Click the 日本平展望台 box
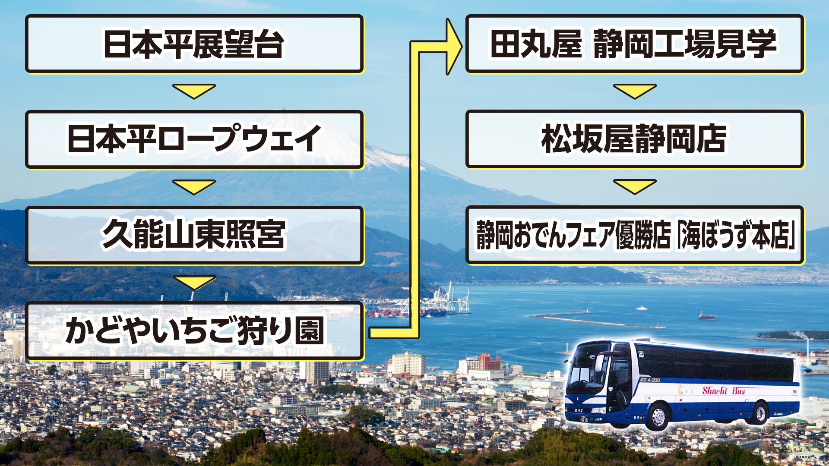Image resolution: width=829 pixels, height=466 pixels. click(x=194, y=44)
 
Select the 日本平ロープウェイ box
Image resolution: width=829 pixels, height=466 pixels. click(x=194, y=139)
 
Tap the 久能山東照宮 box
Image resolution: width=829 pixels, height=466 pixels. click(x=194, y=235)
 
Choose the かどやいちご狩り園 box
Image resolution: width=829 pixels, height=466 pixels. click(x=194, y=331)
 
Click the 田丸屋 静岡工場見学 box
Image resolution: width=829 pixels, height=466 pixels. click(x=634, y=44)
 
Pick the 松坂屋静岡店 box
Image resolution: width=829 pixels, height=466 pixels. click(x=634, y=139)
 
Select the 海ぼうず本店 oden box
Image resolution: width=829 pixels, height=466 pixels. click(x=634, y=235)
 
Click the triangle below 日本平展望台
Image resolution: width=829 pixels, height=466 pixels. click(x=194, y=91)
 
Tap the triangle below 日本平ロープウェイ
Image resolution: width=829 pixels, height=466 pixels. click(x=194, y=186)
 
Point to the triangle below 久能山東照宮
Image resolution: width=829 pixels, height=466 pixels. click(x=194, y=282)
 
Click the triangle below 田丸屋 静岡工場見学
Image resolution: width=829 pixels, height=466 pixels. click(x=635, y=91)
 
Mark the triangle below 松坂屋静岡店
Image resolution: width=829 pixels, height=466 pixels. click(x=635, y=186)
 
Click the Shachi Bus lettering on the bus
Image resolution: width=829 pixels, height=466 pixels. click(x=723, y=391)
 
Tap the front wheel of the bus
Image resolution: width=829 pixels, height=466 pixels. click(x=658, y=416)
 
